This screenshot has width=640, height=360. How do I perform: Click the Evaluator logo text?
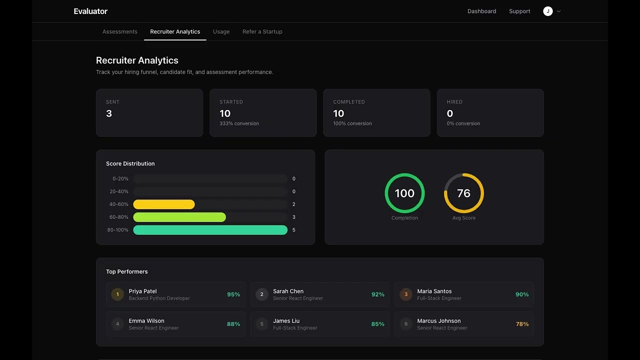[90, 11]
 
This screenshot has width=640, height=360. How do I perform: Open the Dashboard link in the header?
[481, 11]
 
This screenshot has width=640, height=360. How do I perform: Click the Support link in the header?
[519, 11]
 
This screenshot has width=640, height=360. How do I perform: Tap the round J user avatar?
[548, 11]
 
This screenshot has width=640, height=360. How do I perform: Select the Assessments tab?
[119, 31]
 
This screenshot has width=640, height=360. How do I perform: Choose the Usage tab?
[221, 31]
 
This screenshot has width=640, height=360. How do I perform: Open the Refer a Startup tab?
[262, 31]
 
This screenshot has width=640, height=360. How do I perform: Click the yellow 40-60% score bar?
[164, 204]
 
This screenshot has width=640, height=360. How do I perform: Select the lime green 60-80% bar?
[179, 217]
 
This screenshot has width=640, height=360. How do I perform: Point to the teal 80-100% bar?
[210, 230]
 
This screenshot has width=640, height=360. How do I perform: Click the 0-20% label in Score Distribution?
[120, 178]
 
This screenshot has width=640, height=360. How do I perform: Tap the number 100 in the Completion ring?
[404, 193]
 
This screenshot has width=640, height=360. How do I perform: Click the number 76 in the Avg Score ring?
[463, 193]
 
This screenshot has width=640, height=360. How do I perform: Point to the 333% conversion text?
[239, 123]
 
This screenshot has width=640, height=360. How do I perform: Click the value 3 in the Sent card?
[109, 113]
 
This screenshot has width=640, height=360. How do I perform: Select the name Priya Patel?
[142, 291]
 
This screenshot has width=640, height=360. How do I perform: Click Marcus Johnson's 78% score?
[522, 324]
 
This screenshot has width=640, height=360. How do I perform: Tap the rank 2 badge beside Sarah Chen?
[261, 294]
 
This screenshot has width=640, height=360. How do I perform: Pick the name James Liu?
[286, 321]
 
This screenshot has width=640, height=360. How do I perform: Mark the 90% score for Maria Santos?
[522, 294]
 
